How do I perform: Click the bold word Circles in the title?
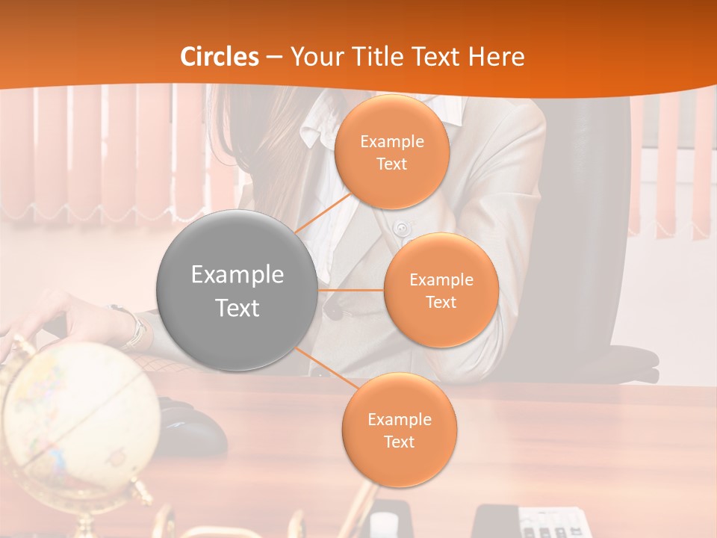(x=220, y=57)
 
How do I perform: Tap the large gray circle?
(x=238, y=291)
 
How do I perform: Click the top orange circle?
(x=392, y=152)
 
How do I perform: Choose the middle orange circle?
(x=441, y=291)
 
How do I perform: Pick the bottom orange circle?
(x=399, y=430)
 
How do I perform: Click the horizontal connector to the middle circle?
(x=351, y=290)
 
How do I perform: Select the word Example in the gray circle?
(x=238, y=275)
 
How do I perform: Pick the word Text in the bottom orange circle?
(x=399, y=442)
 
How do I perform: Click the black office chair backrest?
(x=590, y=224)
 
